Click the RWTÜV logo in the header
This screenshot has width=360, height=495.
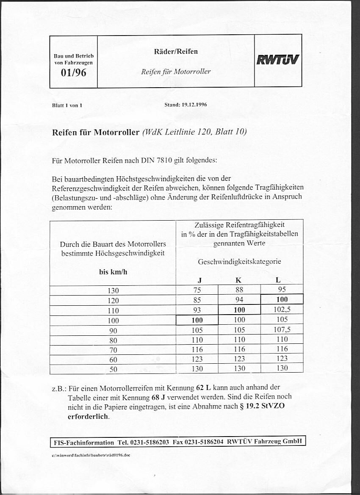[x=278, y=61]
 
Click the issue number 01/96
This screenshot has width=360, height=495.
[x=74, y=72]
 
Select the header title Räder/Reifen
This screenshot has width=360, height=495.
[x=176, y=52]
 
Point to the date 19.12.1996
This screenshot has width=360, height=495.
[x=194, y=104]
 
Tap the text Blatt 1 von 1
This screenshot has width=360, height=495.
[x=67, y=105]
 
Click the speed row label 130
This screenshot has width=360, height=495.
[x=113, y=290]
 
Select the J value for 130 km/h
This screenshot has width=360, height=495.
[x=197, y=290]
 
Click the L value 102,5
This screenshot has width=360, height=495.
[x=282, y=310]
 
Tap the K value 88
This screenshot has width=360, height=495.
[x=239, y=290]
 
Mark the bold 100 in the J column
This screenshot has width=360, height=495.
[x=197, y=321]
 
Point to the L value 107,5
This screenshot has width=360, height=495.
[x=282, y=329]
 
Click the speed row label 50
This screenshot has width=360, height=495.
[x=113, y=369]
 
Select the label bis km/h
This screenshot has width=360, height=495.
[x=113, y=272]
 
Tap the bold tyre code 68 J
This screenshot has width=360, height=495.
[x=158, y=398]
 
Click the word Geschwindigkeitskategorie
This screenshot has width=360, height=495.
[x=239, y=262]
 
